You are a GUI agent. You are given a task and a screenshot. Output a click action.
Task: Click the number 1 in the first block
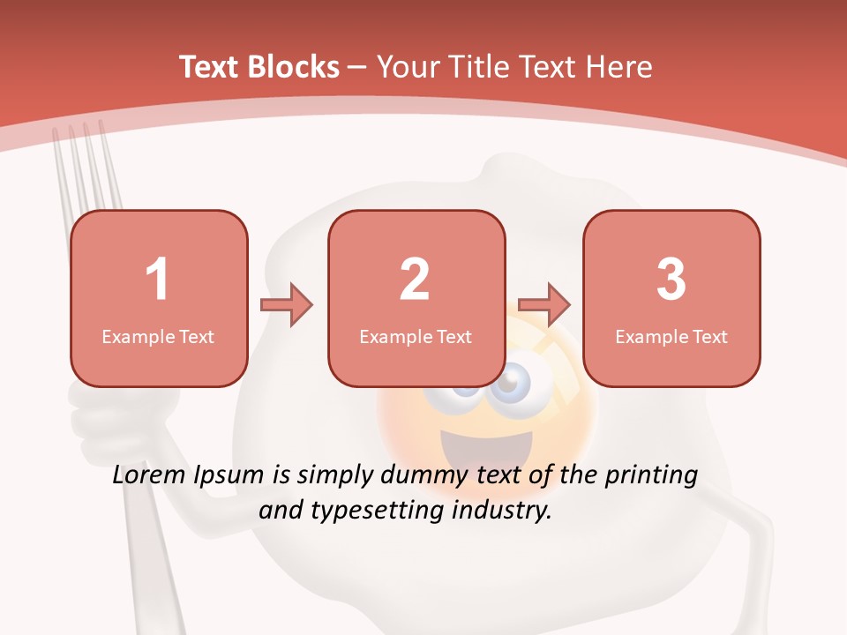pos(157,280)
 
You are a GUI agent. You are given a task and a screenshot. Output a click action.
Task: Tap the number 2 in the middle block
pos(415,280)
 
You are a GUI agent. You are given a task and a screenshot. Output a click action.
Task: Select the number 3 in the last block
pos(671,280)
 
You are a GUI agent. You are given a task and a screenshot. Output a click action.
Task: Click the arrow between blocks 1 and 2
pos(288,305)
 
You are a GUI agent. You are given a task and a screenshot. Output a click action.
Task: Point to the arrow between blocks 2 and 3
pos(544,305)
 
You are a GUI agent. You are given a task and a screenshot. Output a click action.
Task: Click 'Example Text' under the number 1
pos(158,336)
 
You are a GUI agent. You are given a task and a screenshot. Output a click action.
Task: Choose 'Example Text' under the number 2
pos(416,336)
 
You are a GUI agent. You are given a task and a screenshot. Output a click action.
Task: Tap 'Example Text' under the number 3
pos(671,336)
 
